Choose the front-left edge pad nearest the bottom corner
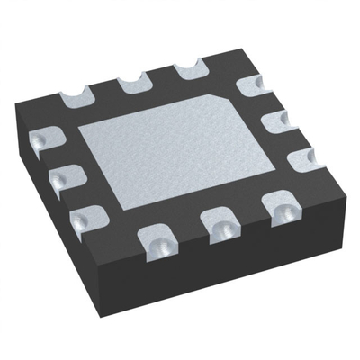pos(85,216)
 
